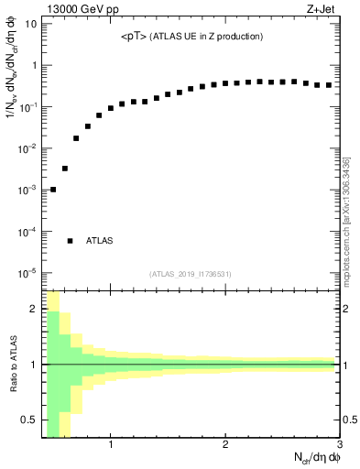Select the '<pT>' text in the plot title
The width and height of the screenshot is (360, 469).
pyautogui.click(x=133, y=37)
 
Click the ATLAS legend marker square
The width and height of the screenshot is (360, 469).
pyautogui.click(x=70, y=241)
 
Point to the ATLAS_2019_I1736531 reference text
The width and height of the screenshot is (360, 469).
pyautogui.click(x=191, y=274)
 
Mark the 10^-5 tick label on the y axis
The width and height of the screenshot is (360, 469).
pyautogui.click(x=27, y=273)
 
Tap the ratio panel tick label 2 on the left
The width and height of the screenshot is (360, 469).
pyautogui.click(x=34, y=309)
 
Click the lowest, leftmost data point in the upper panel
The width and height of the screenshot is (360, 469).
pyautogui.click(x=53, y=190)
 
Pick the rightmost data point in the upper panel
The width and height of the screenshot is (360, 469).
pyautogui.click(x=329, y=85)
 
